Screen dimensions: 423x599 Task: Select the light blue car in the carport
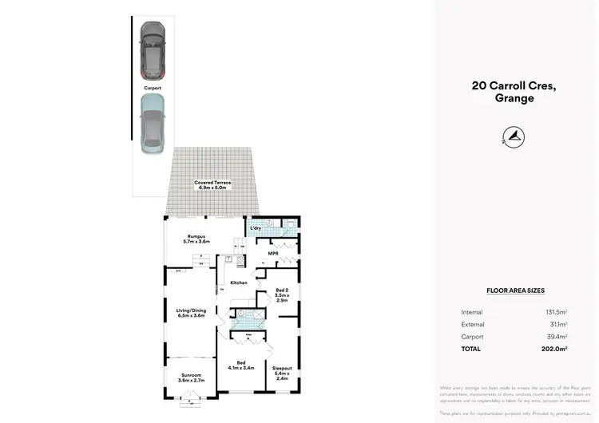[x=151, y=123]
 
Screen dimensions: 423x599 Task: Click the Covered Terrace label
[x=212, y=185]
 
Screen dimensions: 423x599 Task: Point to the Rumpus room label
[x=196, y=239]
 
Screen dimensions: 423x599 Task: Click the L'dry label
[x=256, y=228]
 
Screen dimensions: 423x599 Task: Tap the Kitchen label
[x=239, y=283]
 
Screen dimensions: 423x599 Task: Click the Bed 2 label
[x=282, y=295]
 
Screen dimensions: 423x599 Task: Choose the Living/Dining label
[x=191, y=312]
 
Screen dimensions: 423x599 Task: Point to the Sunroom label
[x=190, y=377]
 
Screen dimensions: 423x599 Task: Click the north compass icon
[x=514, y=136]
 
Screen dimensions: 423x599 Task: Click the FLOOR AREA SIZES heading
[x=515, y=291]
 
